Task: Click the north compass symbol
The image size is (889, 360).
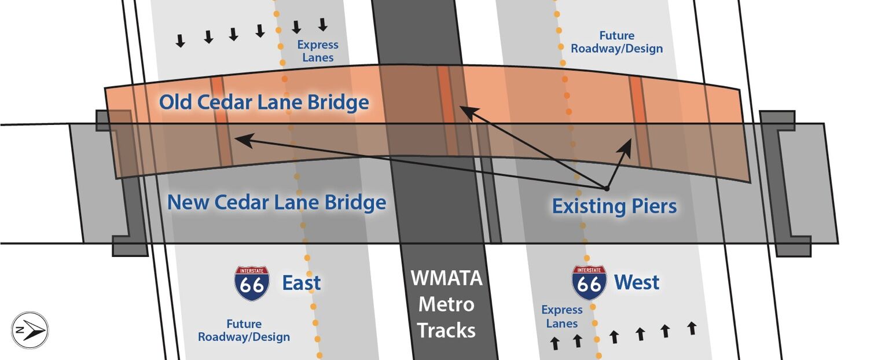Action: point(30,330)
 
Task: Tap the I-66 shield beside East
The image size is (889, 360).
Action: point(252,283)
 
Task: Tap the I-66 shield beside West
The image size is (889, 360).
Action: point(589,283)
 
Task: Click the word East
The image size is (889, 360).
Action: point(301,282)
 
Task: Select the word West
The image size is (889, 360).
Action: point(637,282)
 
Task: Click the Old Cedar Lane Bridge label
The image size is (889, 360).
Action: point(264,102)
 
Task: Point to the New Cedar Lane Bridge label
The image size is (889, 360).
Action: point(277,202)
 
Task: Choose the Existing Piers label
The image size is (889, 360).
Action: point(614,207)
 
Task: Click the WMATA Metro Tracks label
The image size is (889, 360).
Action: point(446,304)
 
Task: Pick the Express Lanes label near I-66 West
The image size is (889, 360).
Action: point(562,317)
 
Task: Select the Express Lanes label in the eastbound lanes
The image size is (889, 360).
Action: point(318,51)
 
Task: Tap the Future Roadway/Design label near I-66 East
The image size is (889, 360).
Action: point(244,330)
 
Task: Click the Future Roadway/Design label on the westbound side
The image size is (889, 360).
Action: point(617,42)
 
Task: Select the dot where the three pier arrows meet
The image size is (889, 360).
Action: point(607,189)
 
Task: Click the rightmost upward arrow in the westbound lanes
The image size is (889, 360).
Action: point(692,328)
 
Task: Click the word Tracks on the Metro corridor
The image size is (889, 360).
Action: point(446,330)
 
